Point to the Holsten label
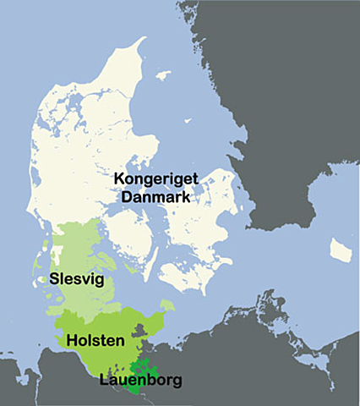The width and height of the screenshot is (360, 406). coord(95,342)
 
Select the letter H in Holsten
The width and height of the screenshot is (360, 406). coord(70,342)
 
